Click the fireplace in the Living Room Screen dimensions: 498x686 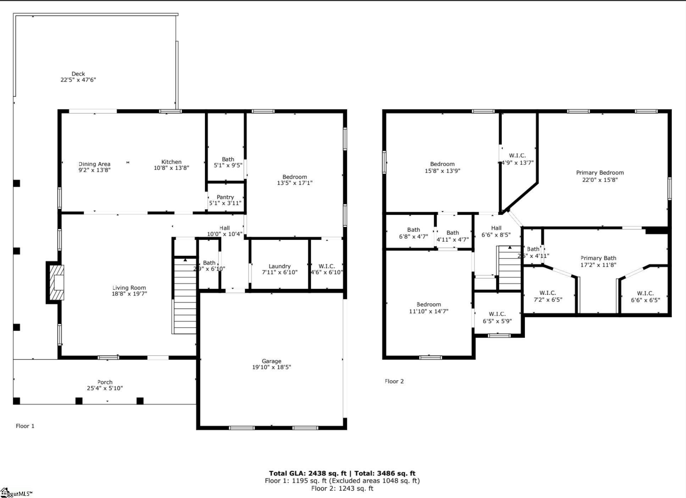[x=56, y=283]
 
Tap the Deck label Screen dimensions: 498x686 [x=78, y=74]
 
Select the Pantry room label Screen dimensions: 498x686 [x=225, y=197]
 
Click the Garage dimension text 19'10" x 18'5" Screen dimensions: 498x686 [x=271, y=367]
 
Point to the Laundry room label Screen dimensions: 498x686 [x=280, y=266]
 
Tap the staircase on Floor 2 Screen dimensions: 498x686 [x=510, y=268]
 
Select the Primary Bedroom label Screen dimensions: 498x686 [x=599, y=173]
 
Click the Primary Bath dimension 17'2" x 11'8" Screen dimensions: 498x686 [x=598, y=265]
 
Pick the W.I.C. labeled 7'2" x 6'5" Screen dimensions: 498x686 [x=548, y=296]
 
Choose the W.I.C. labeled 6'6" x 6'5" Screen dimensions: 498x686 [x=645, y=297]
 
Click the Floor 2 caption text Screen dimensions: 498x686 [x=394, y=381]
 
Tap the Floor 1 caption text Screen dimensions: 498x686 [x=25, y=426]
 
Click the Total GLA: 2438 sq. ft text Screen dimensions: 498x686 [x=307, y=473]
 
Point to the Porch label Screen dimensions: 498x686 [x=105, y=382]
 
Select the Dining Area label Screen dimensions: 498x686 [x=94, y=164]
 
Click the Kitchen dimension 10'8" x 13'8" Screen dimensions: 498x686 [x=171, y=168]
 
